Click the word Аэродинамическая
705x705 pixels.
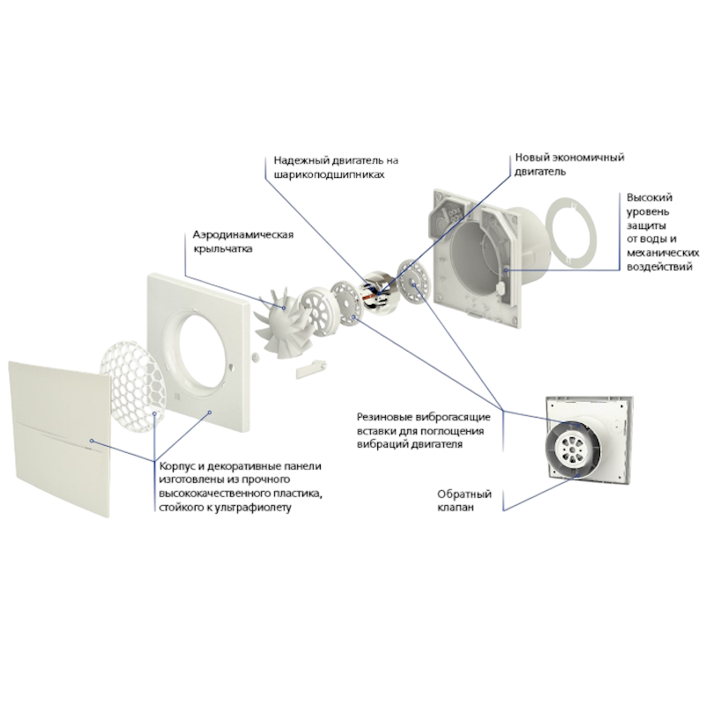click(x=243, y=234)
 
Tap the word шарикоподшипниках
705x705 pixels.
click(x=329, y=174)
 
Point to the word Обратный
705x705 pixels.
click(x=464, y=494)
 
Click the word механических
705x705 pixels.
click(x=663, y=253)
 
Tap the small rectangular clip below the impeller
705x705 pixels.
click(x=310, y=368)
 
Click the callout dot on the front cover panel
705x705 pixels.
click(x=92, y=442)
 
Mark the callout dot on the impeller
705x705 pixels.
click(x=284, y=308)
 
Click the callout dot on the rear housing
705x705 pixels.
click(x=506, y=271)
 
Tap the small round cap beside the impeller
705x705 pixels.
click(x=256, y=356)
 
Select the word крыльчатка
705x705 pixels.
click(x=223, y=249)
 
